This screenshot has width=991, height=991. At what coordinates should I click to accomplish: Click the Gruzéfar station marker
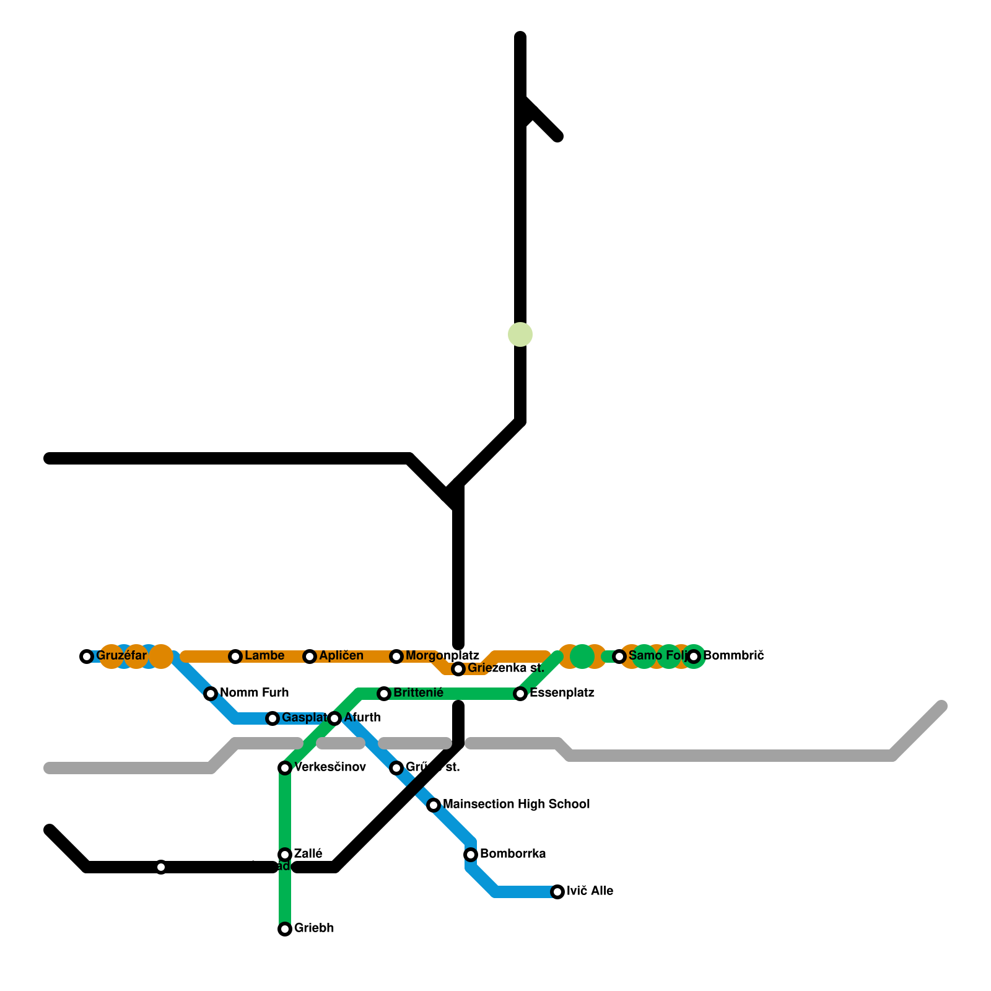(87, 657)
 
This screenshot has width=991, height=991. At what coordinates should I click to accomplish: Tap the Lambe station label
(264, 655)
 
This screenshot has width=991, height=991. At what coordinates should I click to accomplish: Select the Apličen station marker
(310, 657)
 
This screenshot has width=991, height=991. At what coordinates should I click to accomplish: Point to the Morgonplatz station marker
(396, 657)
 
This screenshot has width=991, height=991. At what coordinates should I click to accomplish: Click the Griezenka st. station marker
(458, 669)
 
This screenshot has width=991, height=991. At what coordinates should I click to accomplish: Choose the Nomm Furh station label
(254, 692)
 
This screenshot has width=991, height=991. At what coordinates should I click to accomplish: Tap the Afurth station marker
(334, 718)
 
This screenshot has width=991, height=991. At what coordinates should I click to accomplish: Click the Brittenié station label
(418, 692)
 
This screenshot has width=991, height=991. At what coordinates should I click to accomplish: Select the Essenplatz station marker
(520, 694)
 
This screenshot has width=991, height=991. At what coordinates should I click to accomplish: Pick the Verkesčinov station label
(330, 767)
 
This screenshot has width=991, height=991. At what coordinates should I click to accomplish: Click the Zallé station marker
(285, 855)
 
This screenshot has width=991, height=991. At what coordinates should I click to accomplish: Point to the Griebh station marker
(285, 929)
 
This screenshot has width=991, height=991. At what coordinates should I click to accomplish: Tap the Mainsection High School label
(517, 804)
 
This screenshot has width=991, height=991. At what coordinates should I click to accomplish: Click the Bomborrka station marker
(471, 855)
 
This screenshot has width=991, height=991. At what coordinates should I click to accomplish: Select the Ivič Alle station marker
(557, 892)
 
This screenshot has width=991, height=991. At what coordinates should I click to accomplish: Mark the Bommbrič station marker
(694, 657)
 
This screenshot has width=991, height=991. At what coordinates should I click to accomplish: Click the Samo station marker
(619, 657)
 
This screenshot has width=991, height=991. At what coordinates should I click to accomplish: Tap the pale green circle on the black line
(520, 334)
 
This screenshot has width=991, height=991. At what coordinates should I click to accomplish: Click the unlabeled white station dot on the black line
(161, 867)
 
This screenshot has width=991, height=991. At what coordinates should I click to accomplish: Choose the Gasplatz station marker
(273, 718)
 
